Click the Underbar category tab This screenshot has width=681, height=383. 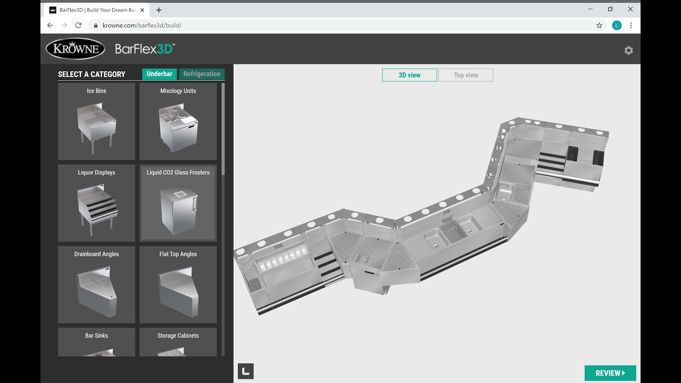159,74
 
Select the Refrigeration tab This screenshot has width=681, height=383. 202,74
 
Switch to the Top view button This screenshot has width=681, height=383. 466,75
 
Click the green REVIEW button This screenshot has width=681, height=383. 610,373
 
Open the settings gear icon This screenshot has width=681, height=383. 629,50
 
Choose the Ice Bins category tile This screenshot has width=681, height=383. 96,121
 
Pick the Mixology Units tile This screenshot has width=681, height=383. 178,121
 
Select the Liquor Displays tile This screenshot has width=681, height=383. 96,203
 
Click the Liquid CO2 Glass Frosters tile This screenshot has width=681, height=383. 178,203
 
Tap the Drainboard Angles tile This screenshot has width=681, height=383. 96,285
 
